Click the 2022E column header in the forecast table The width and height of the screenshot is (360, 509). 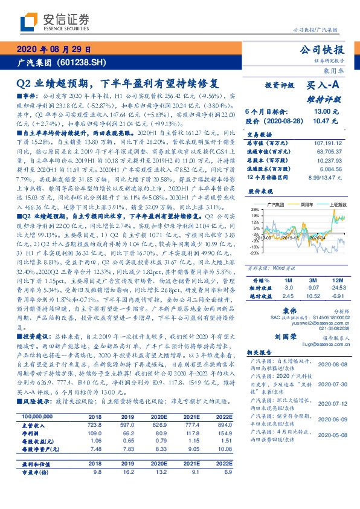(x=224, y=418)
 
